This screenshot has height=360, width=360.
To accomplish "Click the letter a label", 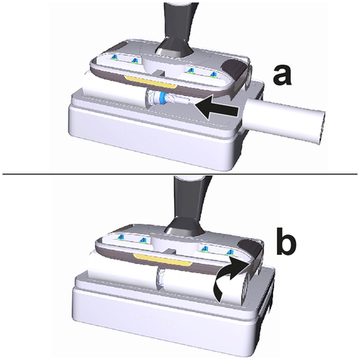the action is tap(282, 74).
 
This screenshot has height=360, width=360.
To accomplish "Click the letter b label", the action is tap(287, 241).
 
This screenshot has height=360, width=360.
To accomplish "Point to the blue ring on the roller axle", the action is tap(161, 97).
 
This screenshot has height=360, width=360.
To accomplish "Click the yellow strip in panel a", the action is tap(150, 82).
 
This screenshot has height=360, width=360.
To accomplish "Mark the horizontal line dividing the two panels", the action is tap(180, 174).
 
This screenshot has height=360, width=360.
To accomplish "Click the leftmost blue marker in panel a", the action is tap(115, 58).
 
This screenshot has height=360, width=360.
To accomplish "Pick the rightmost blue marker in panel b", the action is tap(230, 252).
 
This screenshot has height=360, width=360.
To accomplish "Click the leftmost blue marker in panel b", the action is tap(121, 237).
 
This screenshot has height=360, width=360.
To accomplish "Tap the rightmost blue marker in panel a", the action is tap(214, 74).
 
